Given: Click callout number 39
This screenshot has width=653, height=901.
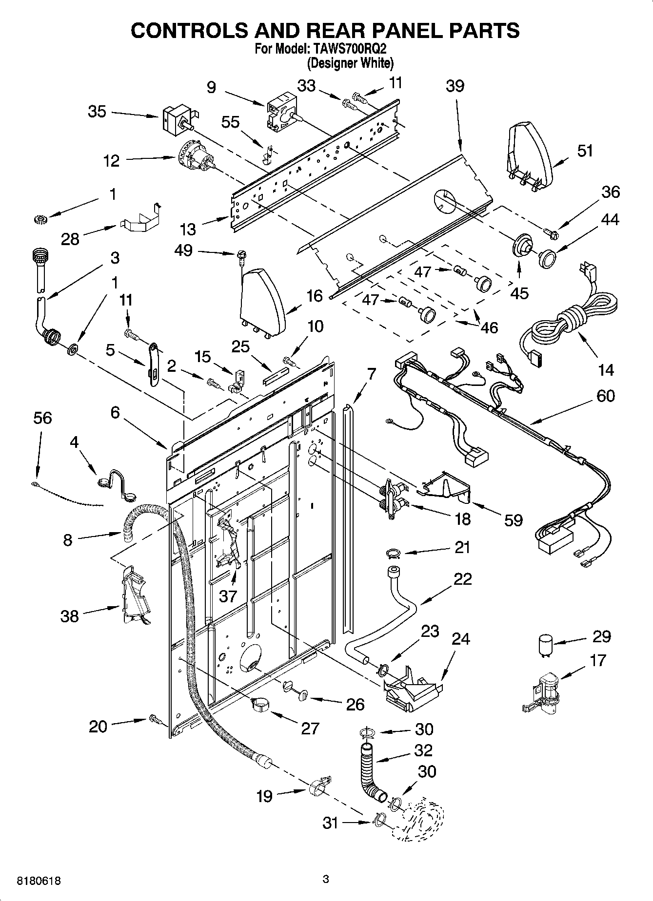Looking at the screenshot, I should (455, 86).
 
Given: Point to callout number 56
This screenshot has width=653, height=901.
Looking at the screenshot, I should (42, 418).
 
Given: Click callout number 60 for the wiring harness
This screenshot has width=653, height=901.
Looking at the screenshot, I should (605, 396).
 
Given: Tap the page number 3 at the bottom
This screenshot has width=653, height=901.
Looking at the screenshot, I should (326, 879).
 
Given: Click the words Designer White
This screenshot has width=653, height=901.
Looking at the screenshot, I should (350, 63).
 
